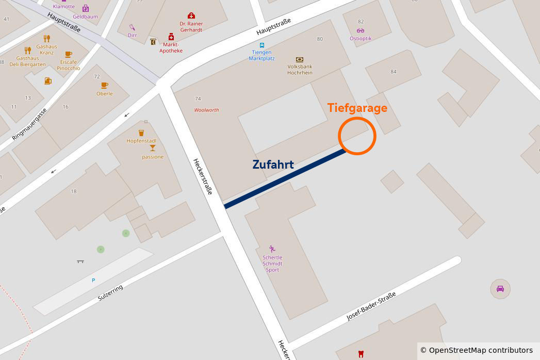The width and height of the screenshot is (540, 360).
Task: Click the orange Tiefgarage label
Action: pos(357,108)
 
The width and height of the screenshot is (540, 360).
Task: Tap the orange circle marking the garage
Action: pos(357,136)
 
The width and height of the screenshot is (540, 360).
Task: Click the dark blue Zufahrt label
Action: pos(273,165)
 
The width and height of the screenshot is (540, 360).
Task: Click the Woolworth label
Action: pos(206,110)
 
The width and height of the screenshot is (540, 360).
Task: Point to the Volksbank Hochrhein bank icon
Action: pos(300,60)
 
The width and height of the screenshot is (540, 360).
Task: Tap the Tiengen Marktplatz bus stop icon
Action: pos(262,45)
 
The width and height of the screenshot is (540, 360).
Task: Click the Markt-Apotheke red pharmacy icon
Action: pos(171,37)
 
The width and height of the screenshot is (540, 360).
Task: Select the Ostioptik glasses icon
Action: pos(360,30)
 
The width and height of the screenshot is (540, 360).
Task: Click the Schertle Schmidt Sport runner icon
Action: pos(272,249)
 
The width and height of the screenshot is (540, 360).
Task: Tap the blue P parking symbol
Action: pos(93,280)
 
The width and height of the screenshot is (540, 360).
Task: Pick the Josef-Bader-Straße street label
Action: pos(371,306)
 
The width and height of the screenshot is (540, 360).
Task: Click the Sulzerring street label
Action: pos(110,293)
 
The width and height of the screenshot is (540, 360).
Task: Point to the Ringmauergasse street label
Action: pos(29,124)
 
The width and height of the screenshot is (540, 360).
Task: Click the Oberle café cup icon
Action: pos(104,86)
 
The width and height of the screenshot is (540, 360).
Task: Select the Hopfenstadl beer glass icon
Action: pos(141,133)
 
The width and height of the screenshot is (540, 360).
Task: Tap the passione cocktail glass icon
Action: pos(153,148)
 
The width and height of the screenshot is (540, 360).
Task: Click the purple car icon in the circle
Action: pos(500,289)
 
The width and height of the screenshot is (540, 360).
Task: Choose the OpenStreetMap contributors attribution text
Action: pos(476,350)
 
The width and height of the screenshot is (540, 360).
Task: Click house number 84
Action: pos(394,72)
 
